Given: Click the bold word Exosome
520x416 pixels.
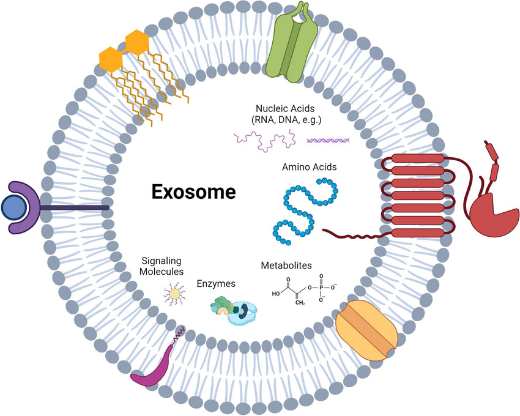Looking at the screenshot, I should point(193,192).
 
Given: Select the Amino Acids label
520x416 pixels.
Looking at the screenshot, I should point(309,166).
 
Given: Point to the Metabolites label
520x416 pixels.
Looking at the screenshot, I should point(286,266).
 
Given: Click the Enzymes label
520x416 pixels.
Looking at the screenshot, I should point(216,283).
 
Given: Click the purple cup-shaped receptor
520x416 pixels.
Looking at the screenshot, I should point(28,208).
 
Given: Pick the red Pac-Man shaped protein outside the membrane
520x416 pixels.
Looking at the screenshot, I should point(492,212).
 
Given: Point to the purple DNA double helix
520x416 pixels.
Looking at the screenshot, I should point(328,139).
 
